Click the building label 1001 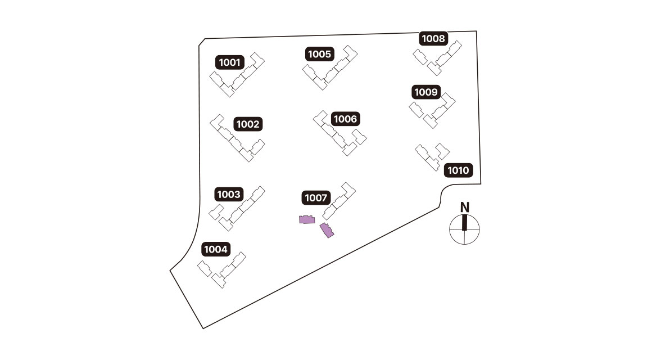click(230, 62)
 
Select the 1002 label click(248, 124)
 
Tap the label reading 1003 click(229, 195)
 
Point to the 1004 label click(216, 249)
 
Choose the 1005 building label click(320, 54)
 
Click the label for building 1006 click(345, 119)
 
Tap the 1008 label click(433, 39)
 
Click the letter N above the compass click(465, 207)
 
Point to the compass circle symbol click(465, 229)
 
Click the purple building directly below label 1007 click(306, 220)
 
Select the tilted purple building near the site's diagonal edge click(327, 231)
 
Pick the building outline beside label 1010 click(432, 157)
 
